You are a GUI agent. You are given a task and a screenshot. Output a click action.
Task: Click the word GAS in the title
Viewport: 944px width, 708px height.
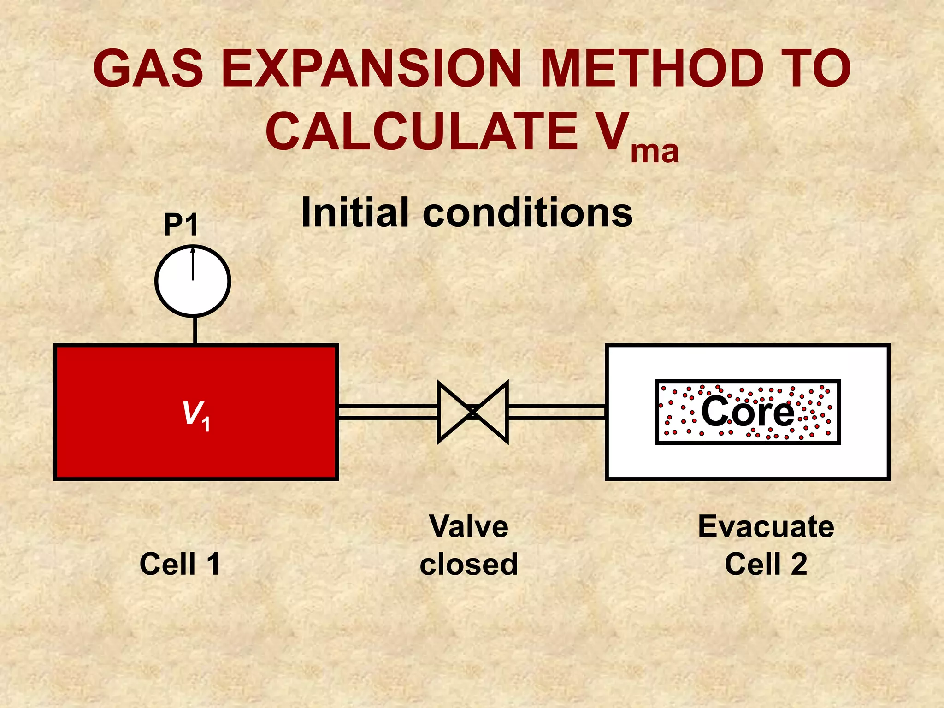tap(148, 69)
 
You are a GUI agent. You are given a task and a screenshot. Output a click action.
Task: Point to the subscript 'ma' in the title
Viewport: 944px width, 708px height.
tap(654, 152)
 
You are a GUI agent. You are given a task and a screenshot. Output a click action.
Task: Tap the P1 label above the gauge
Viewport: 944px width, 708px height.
tap(181, 225)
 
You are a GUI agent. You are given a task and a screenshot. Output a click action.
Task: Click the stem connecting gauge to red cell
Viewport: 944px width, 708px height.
tap(195, 330)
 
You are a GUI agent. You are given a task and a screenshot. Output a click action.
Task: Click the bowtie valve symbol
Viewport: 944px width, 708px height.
tap(472, 412)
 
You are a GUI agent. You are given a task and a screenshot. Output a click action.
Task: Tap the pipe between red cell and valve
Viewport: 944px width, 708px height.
tap(387, 412)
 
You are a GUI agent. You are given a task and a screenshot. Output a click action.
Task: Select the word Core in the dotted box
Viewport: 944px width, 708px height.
tap(748, 411)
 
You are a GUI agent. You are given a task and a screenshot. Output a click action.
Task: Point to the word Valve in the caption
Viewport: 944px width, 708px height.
tap(469, 526)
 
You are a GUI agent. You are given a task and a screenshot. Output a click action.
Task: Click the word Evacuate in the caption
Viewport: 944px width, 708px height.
tap(766, 526)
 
